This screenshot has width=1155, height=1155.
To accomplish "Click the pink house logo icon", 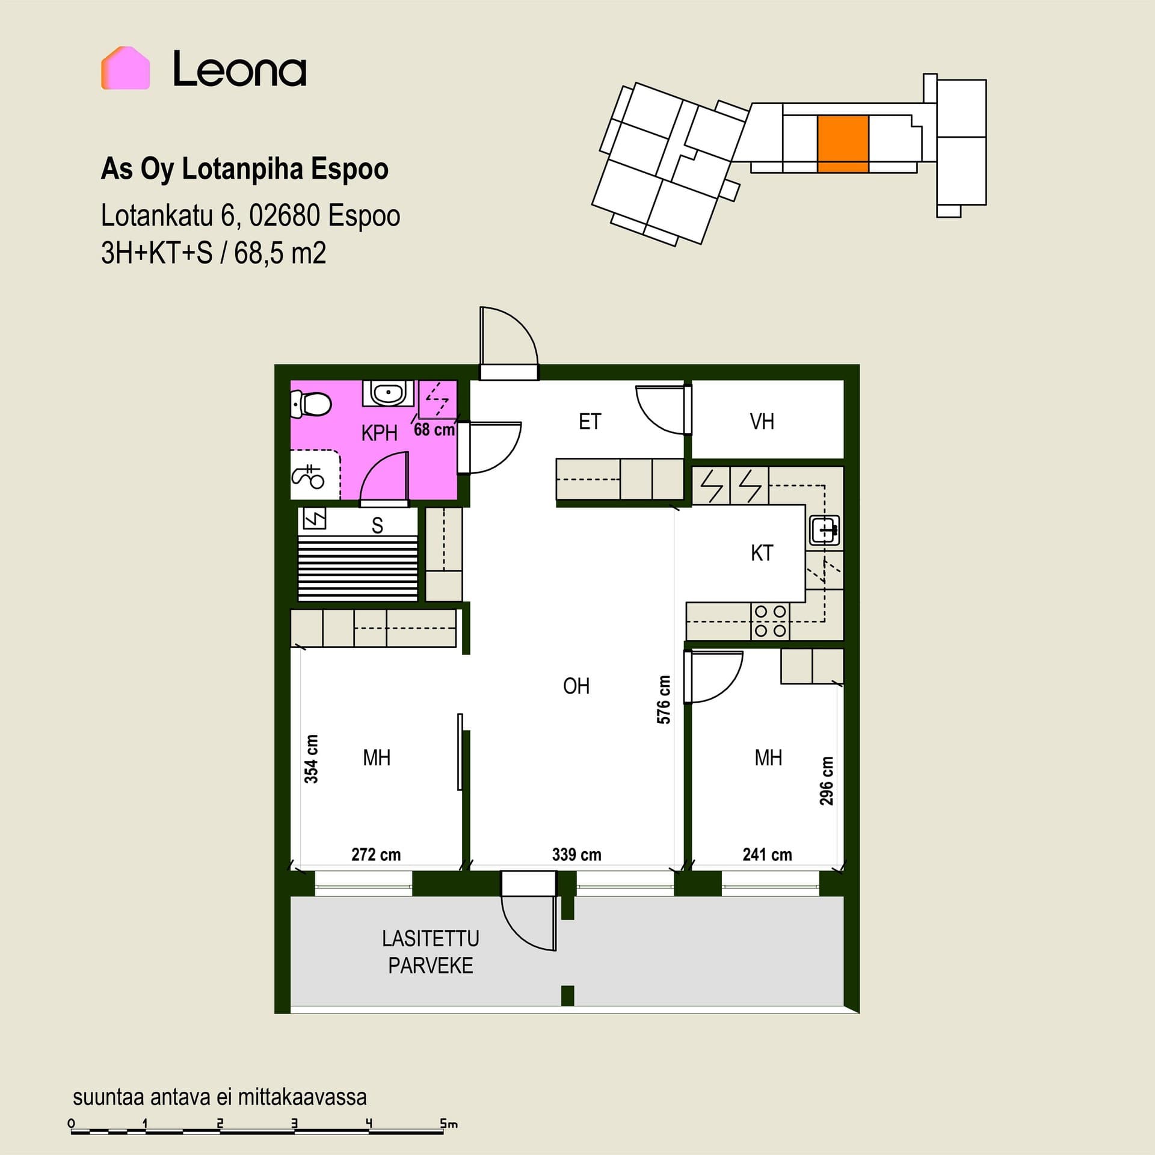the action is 125,68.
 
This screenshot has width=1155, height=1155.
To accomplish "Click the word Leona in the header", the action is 239,69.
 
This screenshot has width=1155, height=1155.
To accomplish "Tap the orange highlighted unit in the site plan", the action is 843,144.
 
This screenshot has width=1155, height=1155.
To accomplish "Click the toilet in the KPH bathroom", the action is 310,404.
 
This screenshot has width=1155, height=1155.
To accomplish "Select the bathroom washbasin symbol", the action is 388,393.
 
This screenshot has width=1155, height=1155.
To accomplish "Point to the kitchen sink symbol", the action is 824,530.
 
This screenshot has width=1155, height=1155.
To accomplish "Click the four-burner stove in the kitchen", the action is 770,621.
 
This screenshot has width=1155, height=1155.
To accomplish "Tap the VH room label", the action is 762,422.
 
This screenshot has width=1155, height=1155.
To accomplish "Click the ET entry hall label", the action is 590,422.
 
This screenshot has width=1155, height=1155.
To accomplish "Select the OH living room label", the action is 576,686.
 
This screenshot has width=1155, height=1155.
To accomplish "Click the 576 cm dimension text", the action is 664,700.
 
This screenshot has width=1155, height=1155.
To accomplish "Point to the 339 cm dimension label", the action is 576,854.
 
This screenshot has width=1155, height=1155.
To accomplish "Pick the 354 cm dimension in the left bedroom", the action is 311,759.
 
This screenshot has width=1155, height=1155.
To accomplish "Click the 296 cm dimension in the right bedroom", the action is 827,781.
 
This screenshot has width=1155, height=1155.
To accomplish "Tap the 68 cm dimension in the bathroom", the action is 434,430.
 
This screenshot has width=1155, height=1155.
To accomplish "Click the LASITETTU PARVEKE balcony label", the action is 431,952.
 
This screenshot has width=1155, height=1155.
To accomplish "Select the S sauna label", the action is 377,526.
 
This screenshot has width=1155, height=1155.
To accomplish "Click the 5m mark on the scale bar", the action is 448,1123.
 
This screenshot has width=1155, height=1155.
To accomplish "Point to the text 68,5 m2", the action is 280,253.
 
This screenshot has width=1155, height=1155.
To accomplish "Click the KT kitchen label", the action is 762,553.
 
